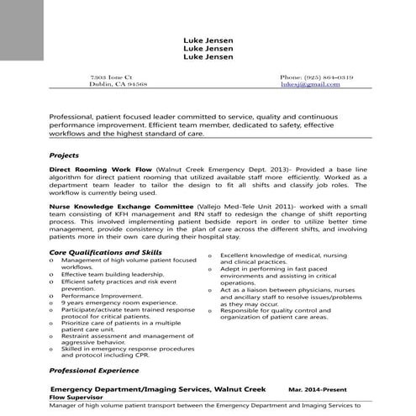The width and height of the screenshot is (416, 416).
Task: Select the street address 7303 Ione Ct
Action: click(x=111, y=76)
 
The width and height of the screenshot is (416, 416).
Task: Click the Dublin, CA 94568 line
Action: click(x=118, y=85)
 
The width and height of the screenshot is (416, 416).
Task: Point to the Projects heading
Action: click(x=64, y=155)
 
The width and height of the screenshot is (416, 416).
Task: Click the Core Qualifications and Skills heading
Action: click(x=106, y=252)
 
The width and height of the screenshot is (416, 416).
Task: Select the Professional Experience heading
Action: click(x=94, y=370)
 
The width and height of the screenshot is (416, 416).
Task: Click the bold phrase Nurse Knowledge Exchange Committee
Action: click(x=121, y=205)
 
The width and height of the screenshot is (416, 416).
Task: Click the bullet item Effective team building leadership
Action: click(x=112, y=274)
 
